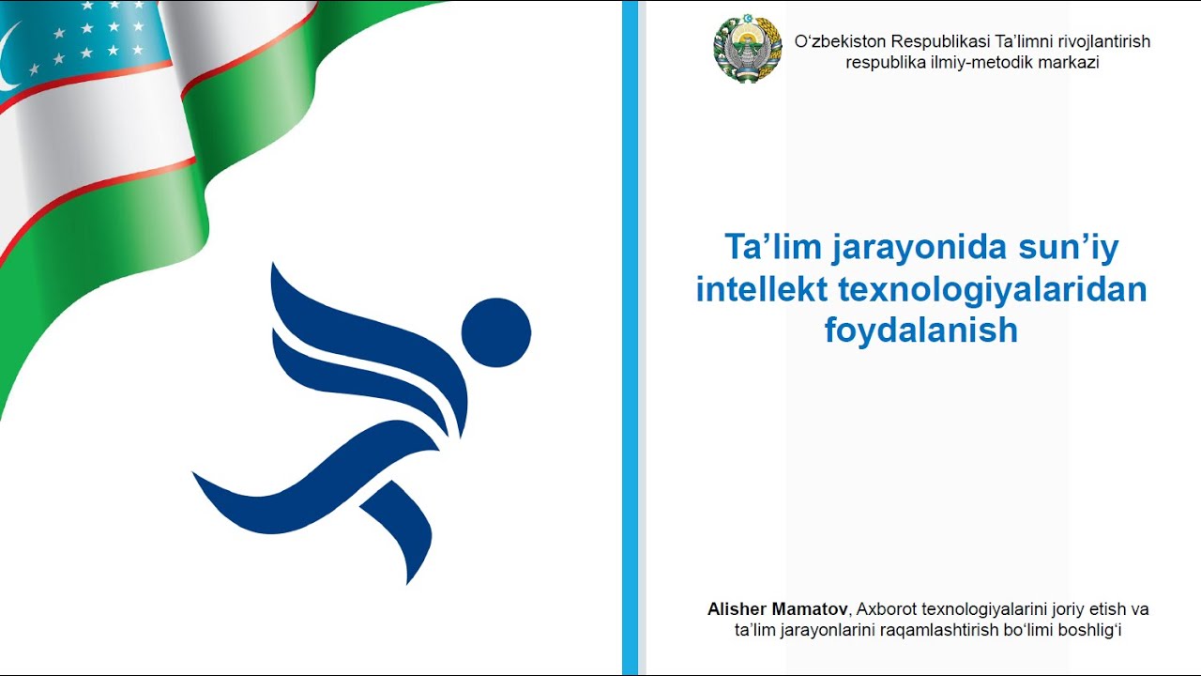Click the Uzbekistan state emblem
point(748,50)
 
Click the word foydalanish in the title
point(921,330)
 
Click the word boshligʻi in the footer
point(1089,630)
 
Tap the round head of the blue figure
point(496,332)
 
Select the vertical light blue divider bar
point(630,338)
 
